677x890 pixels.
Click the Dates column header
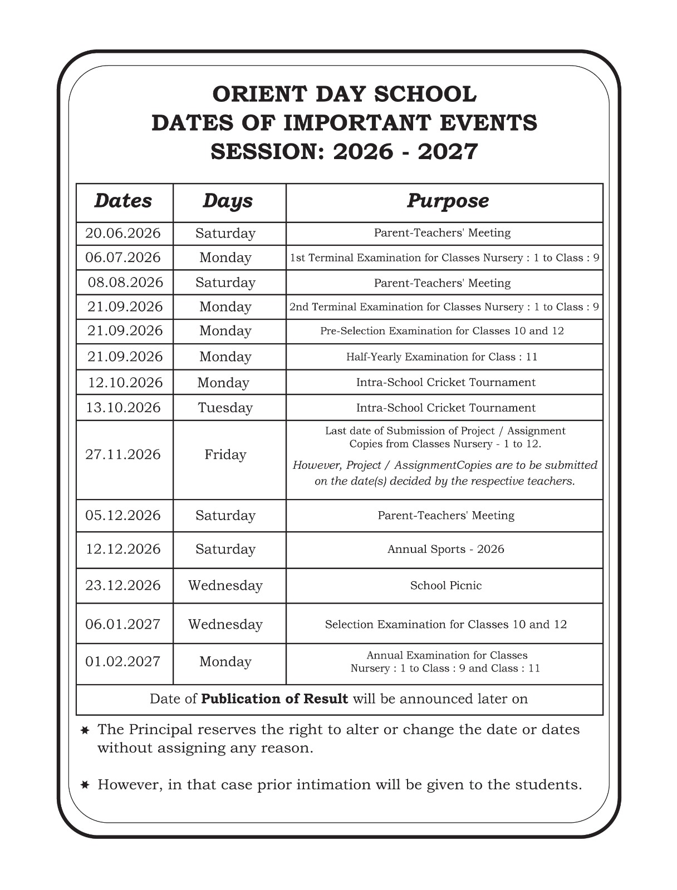click(123, 201)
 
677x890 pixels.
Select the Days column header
click(227, 201)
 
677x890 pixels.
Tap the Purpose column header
click(448, 201)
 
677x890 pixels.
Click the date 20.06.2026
click(123, 233)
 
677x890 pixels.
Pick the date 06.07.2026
click(123, 258)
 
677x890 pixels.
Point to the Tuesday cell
click(225, 408)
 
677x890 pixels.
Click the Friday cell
click(225, 454)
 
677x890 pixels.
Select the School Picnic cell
click(446, 585)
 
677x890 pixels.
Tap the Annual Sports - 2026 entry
click(446, 549)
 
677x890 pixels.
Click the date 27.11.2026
click(123, 454)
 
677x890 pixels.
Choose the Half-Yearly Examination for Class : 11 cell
click(442, 357)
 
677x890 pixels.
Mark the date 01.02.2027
click(123, 661)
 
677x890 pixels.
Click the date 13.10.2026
click(123, 408)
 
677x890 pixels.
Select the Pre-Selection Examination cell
click(442, 331)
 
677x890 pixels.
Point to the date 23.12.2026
click(123, 585)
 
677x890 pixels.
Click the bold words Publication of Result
click(274, 699)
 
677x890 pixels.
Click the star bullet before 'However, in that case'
click(85, 785)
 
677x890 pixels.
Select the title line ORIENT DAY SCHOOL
click(345, 94)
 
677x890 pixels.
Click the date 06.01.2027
click(123, 624)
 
